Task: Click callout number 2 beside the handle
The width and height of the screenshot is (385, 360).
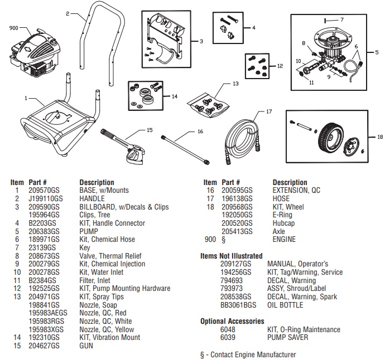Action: (68, 14)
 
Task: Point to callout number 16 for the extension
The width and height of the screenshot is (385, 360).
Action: (199, 133)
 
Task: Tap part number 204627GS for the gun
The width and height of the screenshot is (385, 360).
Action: (40, 346)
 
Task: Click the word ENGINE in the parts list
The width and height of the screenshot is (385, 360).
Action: (284, 240)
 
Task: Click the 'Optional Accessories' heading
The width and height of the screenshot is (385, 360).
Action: (232, 322)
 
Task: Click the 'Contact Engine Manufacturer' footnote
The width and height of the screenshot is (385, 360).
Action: (248, 354)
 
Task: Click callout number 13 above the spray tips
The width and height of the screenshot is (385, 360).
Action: (235, 84)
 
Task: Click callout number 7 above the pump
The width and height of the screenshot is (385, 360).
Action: (341, 19)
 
